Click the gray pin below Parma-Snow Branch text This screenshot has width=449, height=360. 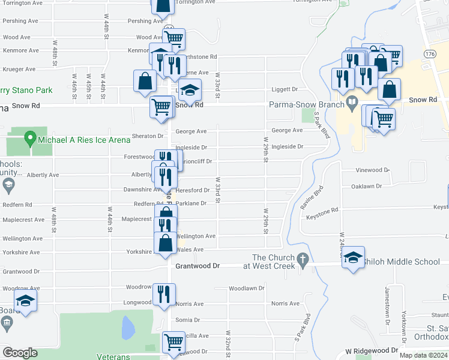352,103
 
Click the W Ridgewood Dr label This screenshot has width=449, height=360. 372,350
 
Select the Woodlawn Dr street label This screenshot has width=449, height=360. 246,289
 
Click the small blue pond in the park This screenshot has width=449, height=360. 128,328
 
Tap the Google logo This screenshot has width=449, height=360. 20,353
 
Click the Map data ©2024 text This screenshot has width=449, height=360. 423,355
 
